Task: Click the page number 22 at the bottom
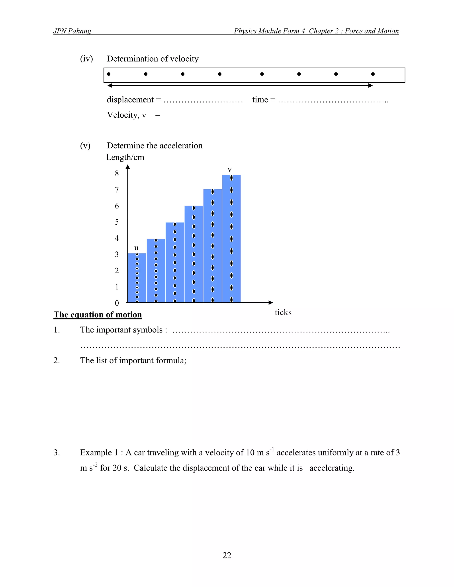click(x=227, y=555)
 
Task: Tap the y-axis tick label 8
click(x=117, y=173)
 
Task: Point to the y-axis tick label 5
click(x=117, y=222)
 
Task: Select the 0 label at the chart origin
click(x=117, y=303)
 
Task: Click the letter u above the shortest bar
click(x=136, y=248)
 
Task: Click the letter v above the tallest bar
click(x=229, y=170)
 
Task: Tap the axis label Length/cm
click(x=125, y=157)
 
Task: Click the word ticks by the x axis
click(x=283, y=312)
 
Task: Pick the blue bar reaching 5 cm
click(x=175, y=262)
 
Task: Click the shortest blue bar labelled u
click(x=137, y=278)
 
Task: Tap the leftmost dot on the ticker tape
click(x=109, y=74)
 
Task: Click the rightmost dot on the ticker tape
click(x=373, y=74)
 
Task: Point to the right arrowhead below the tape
click(x=371, y=86)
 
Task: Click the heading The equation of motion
click(x=98, y=315)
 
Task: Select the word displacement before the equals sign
click(x=130, y=100)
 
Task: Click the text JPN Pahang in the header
click(x=72, y=31)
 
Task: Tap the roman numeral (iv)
click(x=86, y=59)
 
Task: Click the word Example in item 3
click(x=96, y=452)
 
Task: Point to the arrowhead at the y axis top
click(x=128, y=167)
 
